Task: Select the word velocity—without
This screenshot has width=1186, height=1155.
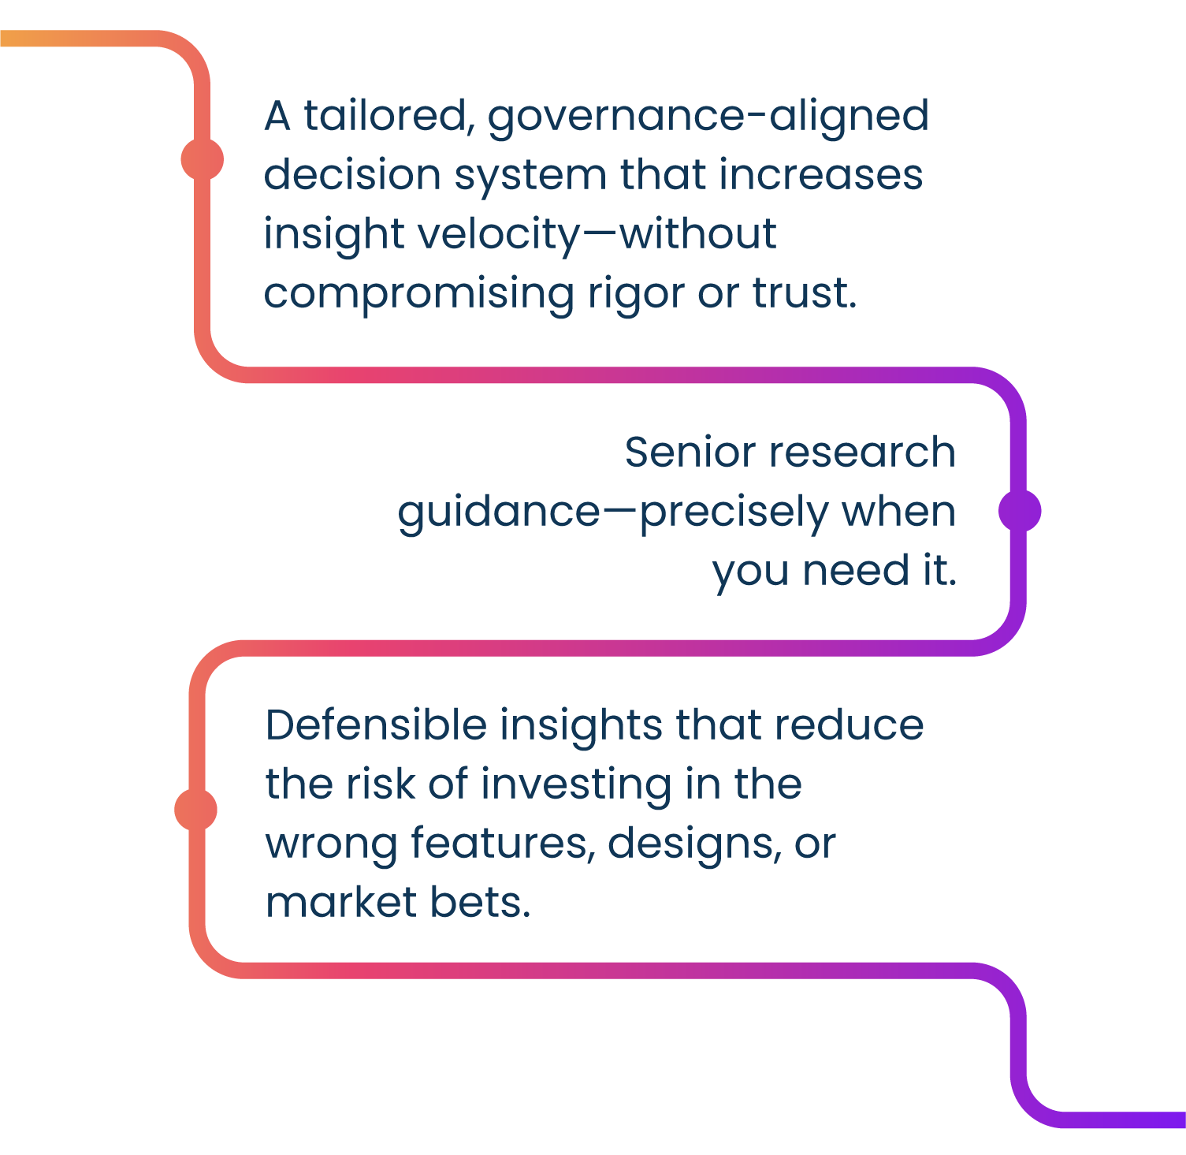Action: click(597, 235)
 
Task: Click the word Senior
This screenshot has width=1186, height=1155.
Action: click(691, 453)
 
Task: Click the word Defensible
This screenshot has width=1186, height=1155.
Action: click(376, 725)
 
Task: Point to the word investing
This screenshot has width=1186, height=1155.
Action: click(575, 785)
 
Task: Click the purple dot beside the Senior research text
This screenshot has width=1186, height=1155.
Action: click(1019, 511)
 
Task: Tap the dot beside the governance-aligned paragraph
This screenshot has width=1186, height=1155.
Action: click(202, 159)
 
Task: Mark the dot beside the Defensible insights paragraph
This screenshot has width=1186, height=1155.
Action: click(195, 809)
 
